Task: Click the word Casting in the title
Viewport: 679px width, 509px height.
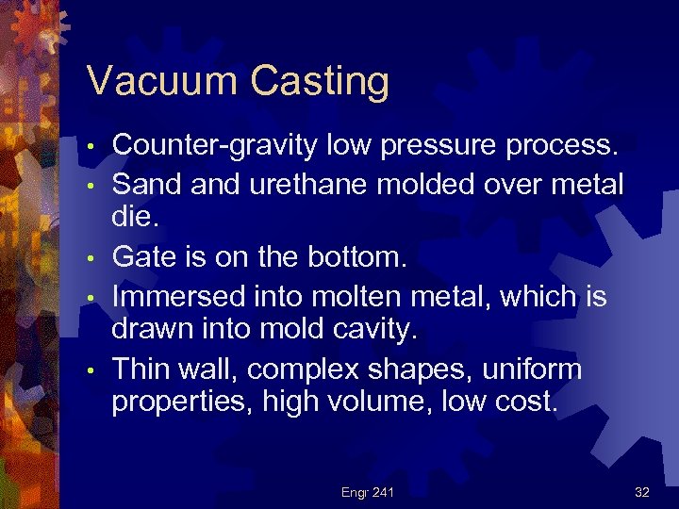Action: pos(320,83)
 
